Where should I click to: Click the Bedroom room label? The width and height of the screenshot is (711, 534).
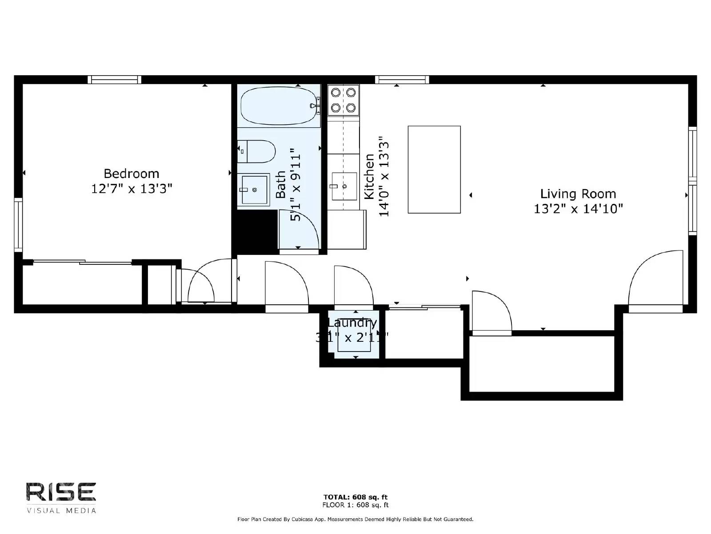click(x=131, y=174)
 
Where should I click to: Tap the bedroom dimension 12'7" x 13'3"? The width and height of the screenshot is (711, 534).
click(x=131, y=189)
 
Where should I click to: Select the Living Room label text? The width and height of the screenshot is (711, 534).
click(x=578, y=194)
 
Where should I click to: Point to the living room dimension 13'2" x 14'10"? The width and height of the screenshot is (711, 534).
click(x=578, y=209)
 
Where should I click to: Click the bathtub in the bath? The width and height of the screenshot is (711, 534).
click(x=279, y=106)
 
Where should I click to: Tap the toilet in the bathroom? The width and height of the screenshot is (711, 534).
click(x=256, y=151)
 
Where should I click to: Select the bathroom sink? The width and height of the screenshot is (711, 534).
click(x=253, y=190)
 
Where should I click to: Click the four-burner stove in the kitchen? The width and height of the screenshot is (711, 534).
click(x=343, y=100)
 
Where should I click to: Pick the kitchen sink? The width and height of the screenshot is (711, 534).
click(x=344, y=186)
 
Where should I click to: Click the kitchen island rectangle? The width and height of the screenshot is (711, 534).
click(x=434, y=170)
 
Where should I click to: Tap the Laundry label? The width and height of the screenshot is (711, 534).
click(x=352, y=323)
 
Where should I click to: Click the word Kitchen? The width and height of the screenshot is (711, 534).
click(x=369, y=176)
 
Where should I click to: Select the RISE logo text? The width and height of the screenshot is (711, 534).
click(x=61, y=492)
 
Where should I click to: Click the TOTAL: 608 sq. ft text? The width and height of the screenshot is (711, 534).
click(x=355, y=497)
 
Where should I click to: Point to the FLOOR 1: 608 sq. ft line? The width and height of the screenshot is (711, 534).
click(x=355, y=505)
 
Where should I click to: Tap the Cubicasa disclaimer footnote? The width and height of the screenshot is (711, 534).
click(x=355, y=519)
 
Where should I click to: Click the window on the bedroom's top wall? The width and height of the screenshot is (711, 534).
click(x=114, y=80)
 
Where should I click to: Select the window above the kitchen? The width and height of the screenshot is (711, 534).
click(x=402, y=80)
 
